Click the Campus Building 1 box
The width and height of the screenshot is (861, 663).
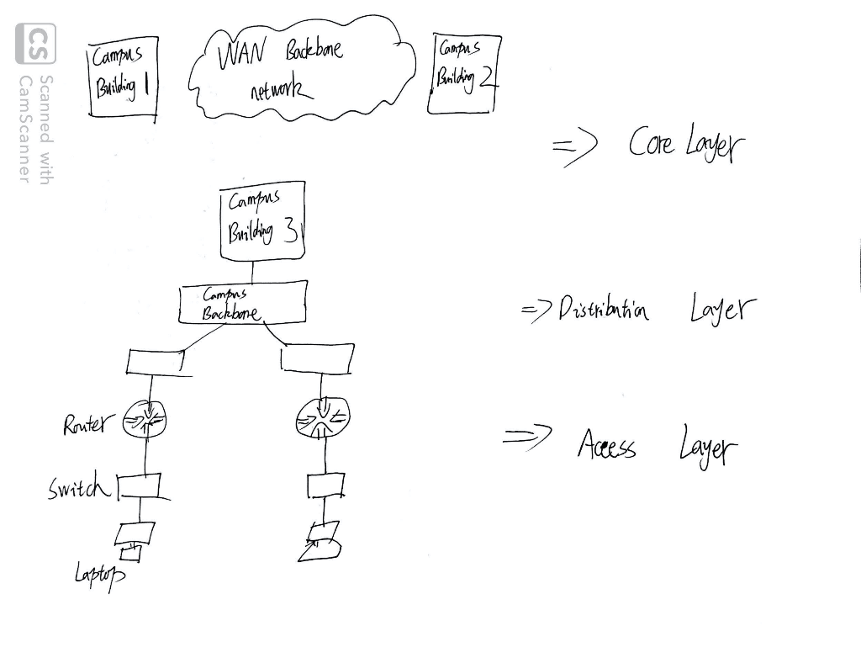pyautogui.click(x=124, y=77)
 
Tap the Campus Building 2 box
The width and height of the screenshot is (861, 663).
pyautogui.click(x=463, y=74)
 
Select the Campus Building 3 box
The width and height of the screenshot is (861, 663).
pyautogui.click(x=261, y=221)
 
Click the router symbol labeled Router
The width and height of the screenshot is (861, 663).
pyautogui.click(x=145, y=419)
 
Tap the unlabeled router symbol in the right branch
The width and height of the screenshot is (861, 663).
pyautogui.click(x=323, y=417)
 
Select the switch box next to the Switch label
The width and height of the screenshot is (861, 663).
pyautogui.click(x=138, y=485)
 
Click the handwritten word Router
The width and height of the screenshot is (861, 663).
pyautogui.click(x=85, y=425)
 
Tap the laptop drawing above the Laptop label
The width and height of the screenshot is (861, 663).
pyautogui.click(x=135, y=538)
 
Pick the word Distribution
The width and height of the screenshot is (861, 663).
pyautogui.click(x=604, y=311)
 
